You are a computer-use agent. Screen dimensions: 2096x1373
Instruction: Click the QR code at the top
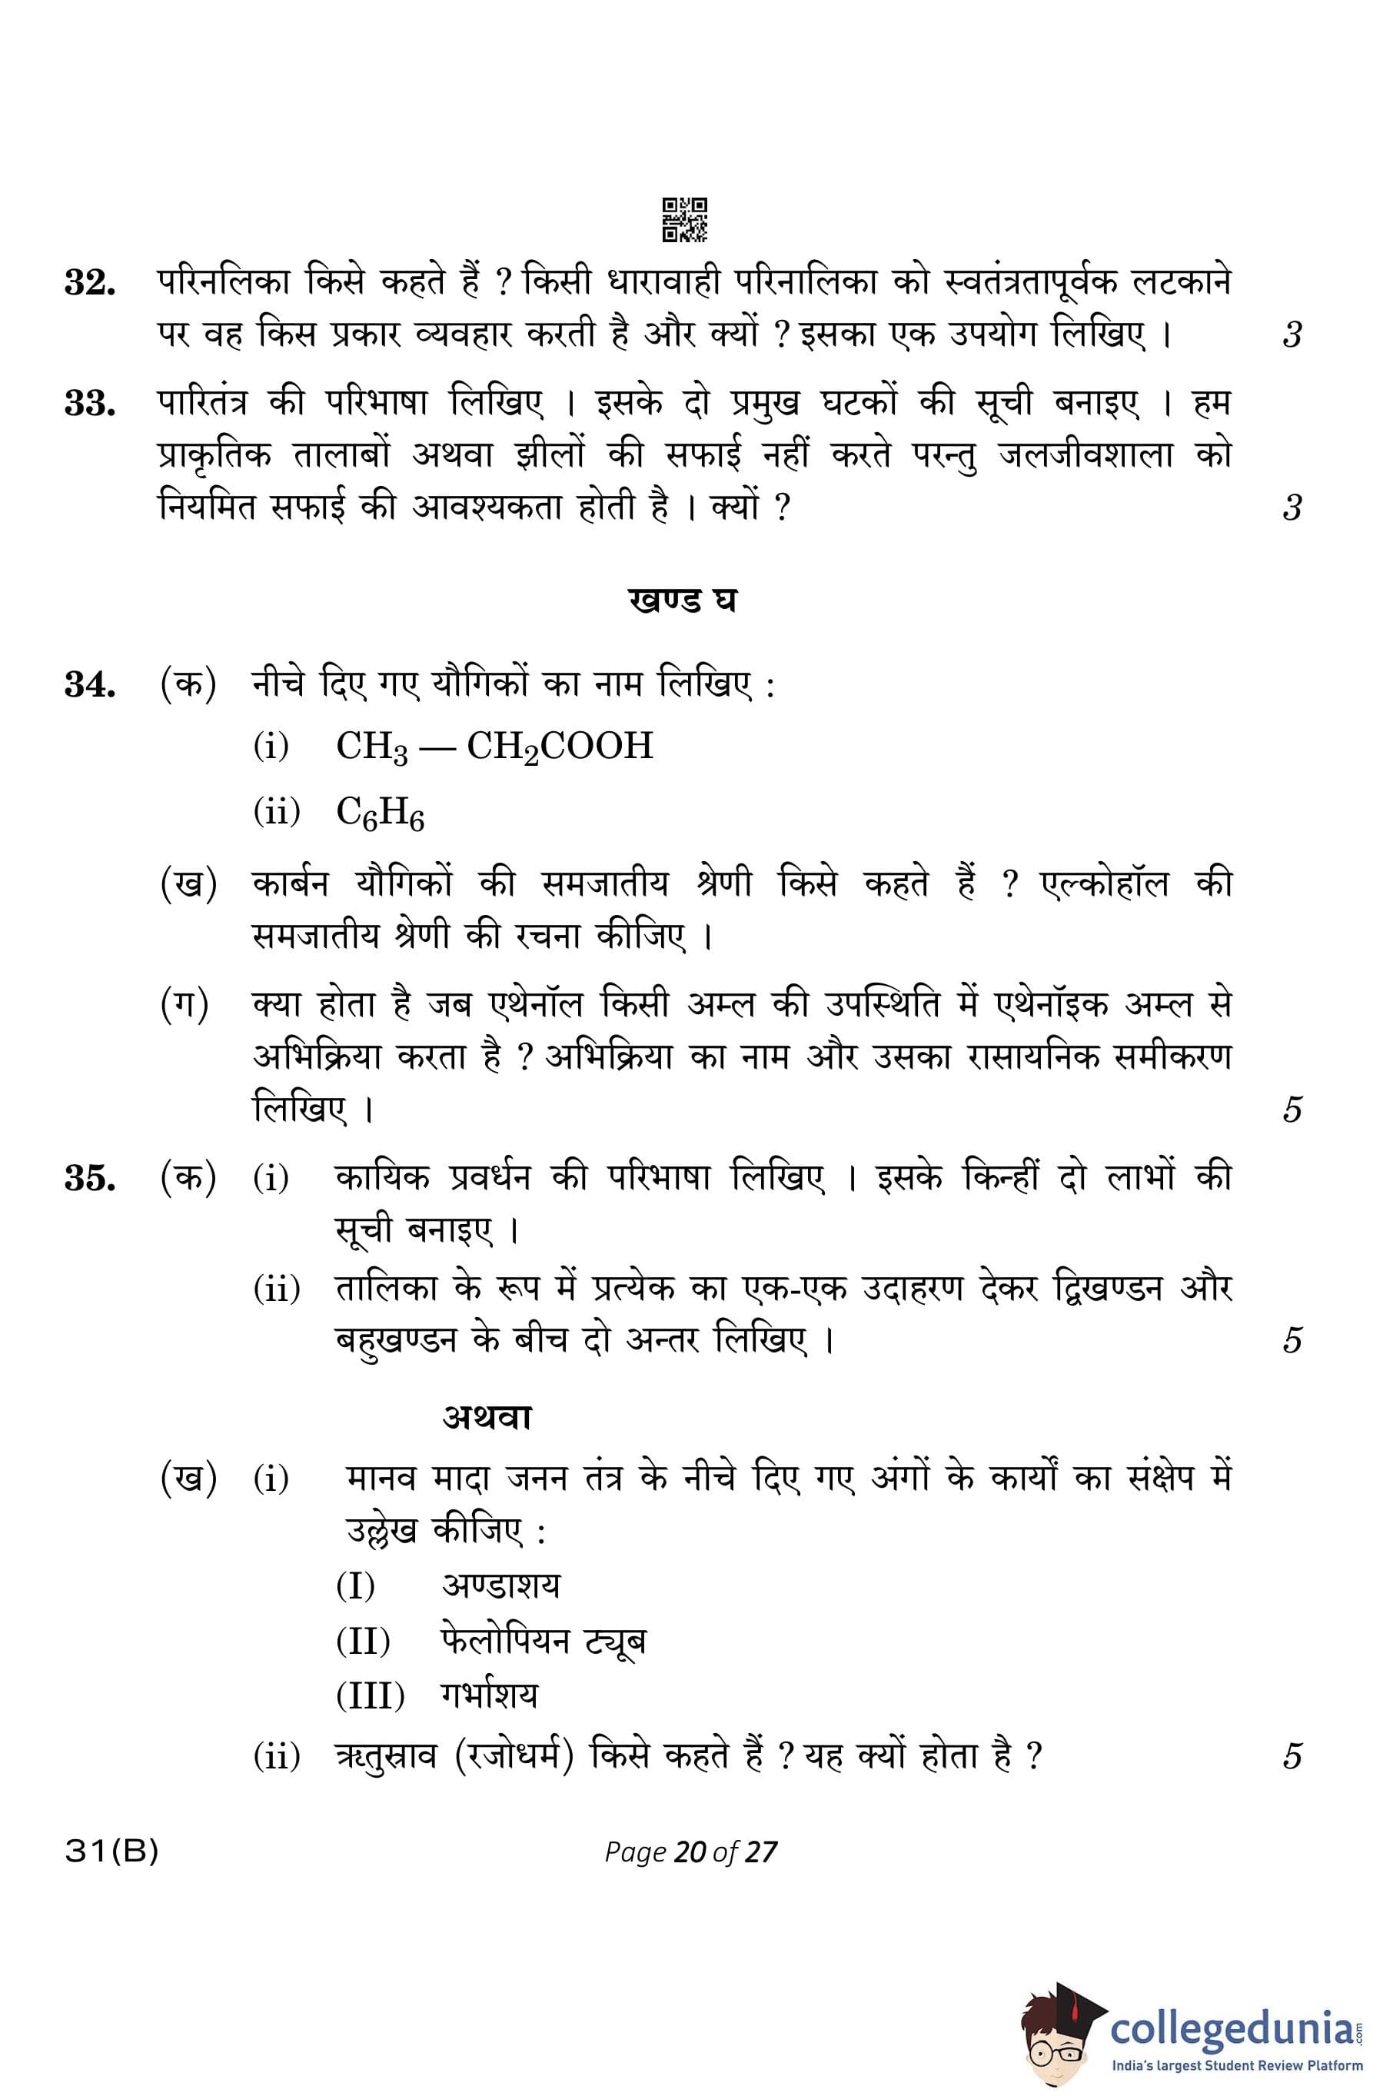(684, 219)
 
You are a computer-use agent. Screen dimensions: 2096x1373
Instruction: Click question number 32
(90, 283)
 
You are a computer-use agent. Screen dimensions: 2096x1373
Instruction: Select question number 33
(90, 404)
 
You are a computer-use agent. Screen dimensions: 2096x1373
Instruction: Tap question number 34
(90, 684)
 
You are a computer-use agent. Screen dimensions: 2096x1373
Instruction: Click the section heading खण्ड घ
(683, 601)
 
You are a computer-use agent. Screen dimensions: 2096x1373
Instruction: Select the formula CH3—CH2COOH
(494, 747)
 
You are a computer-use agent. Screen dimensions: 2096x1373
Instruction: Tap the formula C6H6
(380, 813)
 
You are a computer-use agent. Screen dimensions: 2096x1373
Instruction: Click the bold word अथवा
(487, 1417)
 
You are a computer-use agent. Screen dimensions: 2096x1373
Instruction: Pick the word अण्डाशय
(500, 1585)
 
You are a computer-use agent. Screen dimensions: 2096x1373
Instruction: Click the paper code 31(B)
(111, 1853)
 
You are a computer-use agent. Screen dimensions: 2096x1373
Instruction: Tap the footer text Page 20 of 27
(690, 1852)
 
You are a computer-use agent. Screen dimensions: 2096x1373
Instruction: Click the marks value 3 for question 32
(1291, 334)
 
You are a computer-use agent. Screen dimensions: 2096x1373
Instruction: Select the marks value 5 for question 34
(1291, 1110)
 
